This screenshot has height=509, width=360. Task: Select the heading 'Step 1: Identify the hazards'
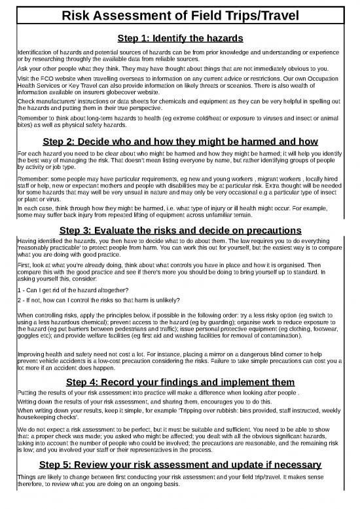click(179, 39)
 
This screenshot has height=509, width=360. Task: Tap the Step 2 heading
click(179, 142)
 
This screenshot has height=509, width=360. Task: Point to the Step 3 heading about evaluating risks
click(179, 231)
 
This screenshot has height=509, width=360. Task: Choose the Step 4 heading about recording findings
click(179, 382)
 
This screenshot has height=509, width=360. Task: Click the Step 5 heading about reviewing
click(179, 466)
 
